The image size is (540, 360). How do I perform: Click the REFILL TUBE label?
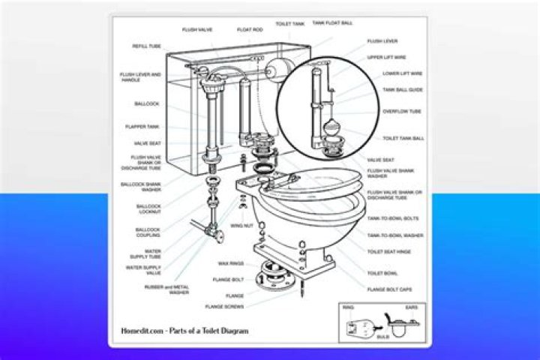(146, 46)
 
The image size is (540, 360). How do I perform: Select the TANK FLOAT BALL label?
(333, 23)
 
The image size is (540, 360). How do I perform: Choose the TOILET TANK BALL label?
(403, 139)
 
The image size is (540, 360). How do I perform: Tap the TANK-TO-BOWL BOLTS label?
(393, 218)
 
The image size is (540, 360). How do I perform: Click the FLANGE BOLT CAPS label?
(390, 288)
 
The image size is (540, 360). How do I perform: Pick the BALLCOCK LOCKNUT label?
(148, 209)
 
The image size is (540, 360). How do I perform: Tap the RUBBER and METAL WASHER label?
(166, 289)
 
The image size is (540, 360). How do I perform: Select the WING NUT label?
(241, 225)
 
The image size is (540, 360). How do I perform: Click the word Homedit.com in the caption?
(141, 330)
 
